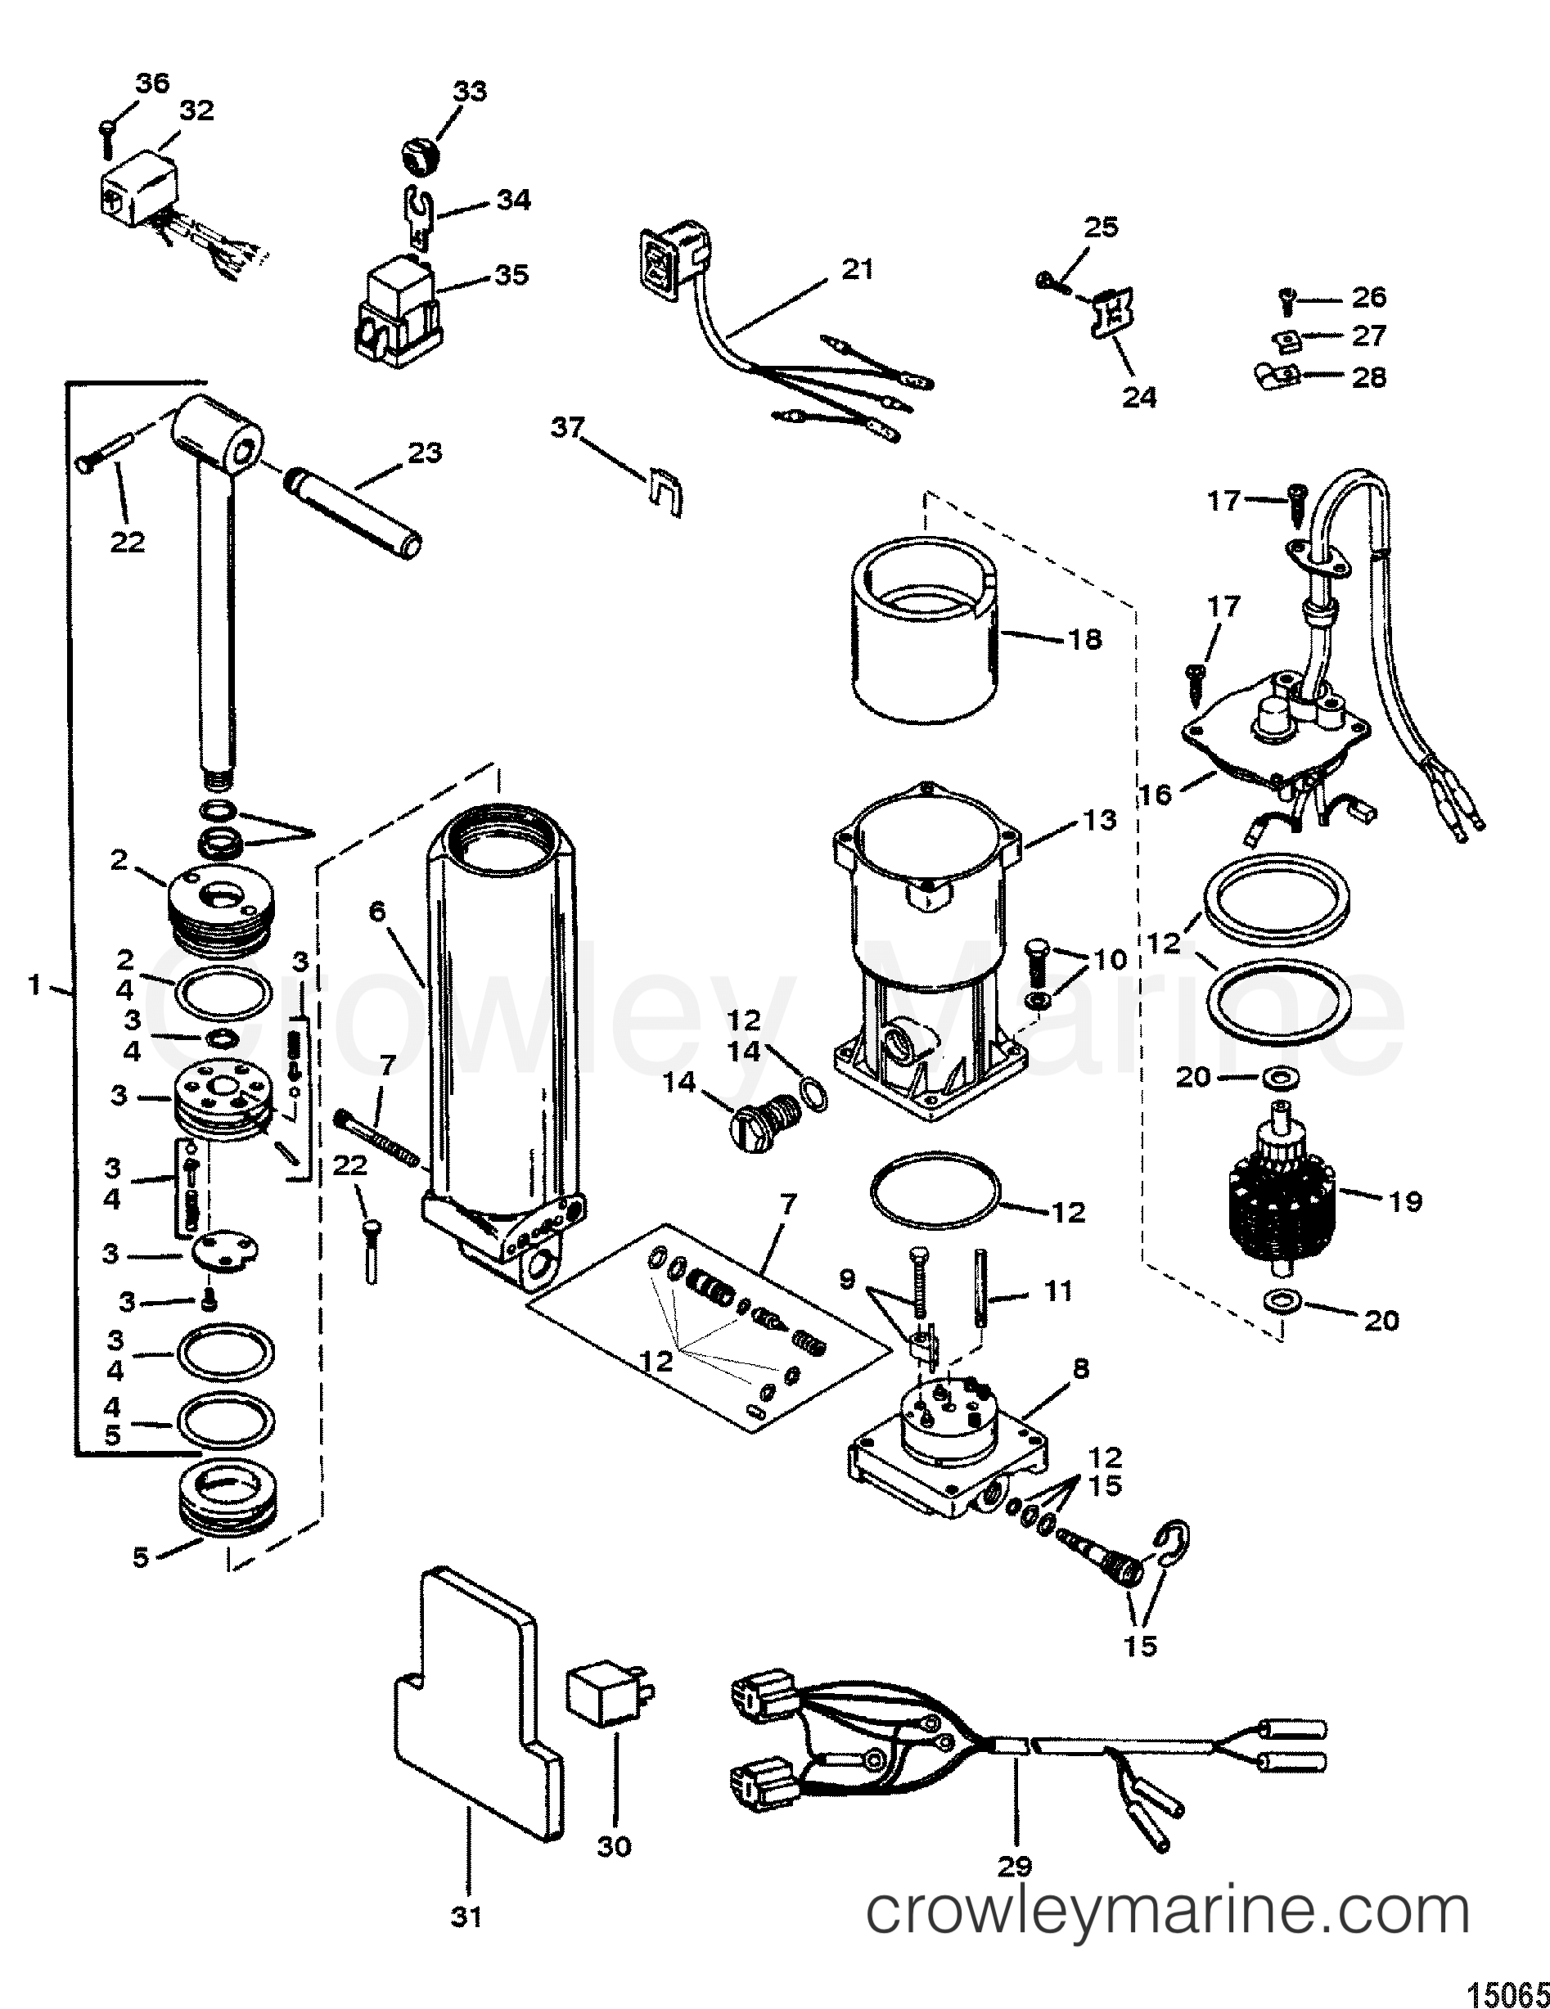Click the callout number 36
click(x=153, y=83)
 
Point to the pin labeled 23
click(x=355, y=511)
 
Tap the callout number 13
click(x=1101, y=820)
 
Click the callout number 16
click(x=1156, y=793)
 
